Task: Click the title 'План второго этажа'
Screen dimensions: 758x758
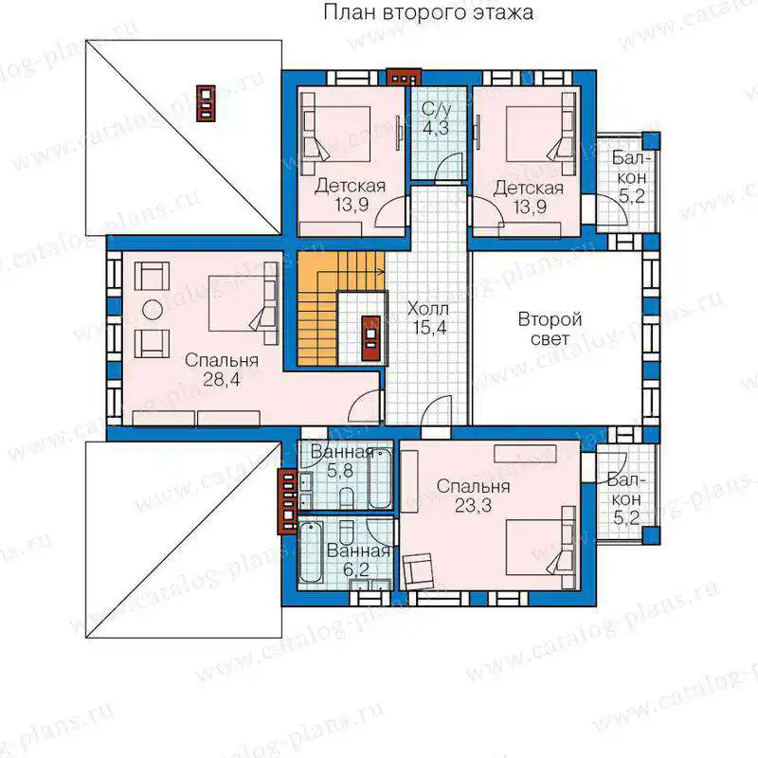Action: tap(428, 12)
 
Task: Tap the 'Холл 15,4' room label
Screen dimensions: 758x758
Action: tap(429, 318)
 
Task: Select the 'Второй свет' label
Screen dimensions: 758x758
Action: tap(550, 329)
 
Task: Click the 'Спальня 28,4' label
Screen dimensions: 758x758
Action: tap(222, 370)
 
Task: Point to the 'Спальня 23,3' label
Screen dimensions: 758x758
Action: tap(473, 496)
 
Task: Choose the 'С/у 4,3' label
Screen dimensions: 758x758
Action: tap(436, 119)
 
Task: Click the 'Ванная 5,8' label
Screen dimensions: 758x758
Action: tap(342, 461)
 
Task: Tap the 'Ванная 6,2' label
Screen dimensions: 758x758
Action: tap(358, 560)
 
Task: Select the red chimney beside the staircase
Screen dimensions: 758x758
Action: tap(371, 338)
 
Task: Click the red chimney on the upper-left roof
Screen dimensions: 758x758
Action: tap(206, 103)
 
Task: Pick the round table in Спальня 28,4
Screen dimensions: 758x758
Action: tap(153, 310)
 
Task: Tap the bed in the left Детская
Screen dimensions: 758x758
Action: tap(336, 134)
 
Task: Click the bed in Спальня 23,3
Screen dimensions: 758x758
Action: tap(541, 548)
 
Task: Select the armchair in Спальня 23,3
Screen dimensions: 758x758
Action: tap(418, 571)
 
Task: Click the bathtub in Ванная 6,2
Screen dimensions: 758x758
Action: tap(311, 552)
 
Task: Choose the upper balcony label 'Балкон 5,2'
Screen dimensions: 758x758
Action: tap(629, 177)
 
